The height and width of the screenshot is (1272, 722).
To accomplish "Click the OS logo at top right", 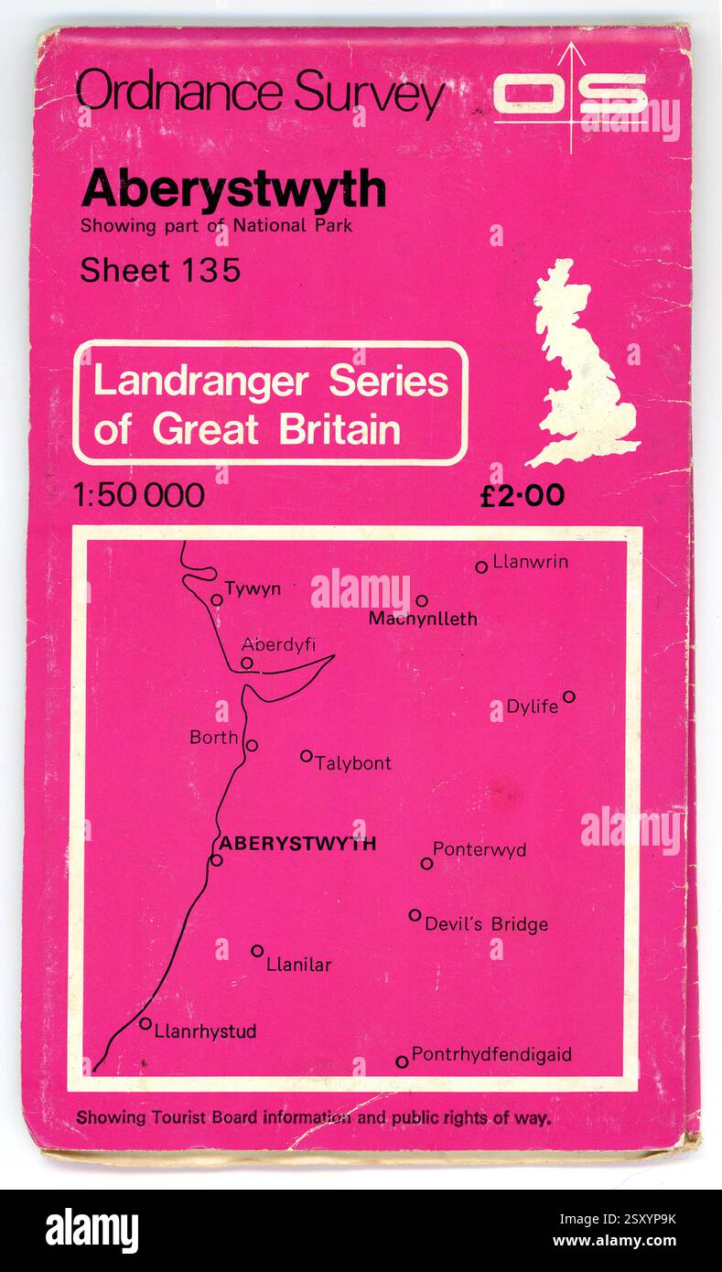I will tap(571, 93).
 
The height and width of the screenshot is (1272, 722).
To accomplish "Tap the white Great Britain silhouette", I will tap(582, 366).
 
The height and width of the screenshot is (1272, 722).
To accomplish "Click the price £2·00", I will tap(523, 495).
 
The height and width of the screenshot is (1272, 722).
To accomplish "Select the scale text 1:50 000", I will tap(139, 495).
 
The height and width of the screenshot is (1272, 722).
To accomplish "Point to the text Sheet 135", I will tap(160, 270).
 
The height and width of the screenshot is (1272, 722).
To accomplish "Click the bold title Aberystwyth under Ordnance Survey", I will tap(233, 189).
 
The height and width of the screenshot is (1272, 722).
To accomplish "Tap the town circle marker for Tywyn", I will tap(217, 600).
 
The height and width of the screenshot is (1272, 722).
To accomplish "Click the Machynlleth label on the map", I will tap(423, 619).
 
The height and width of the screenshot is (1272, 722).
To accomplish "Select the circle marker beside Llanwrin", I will tap(481, 566).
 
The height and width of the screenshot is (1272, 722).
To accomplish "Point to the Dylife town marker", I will tap(568, 696).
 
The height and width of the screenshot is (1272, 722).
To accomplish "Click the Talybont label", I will tap(353, 762).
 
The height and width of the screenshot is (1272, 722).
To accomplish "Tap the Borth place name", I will tap(213, 737).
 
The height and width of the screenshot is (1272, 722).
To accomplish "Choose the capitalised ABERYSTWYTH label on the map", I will tap(297, 843).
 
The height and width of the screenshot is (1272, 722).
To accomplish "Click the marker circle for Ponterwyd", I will tap(426, 863).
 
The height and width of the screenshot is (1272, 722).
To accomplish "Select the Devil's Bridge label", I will tap(486, 924).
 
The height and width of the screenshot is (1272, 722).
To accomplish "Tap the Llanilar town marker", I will tap(257, 951).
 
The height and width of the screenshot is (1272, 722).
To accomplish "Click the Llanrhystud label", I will tap(205, 1031).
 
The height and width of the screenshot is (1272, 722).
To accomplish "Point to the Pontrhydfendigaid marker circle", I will tap(402, 1062).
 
